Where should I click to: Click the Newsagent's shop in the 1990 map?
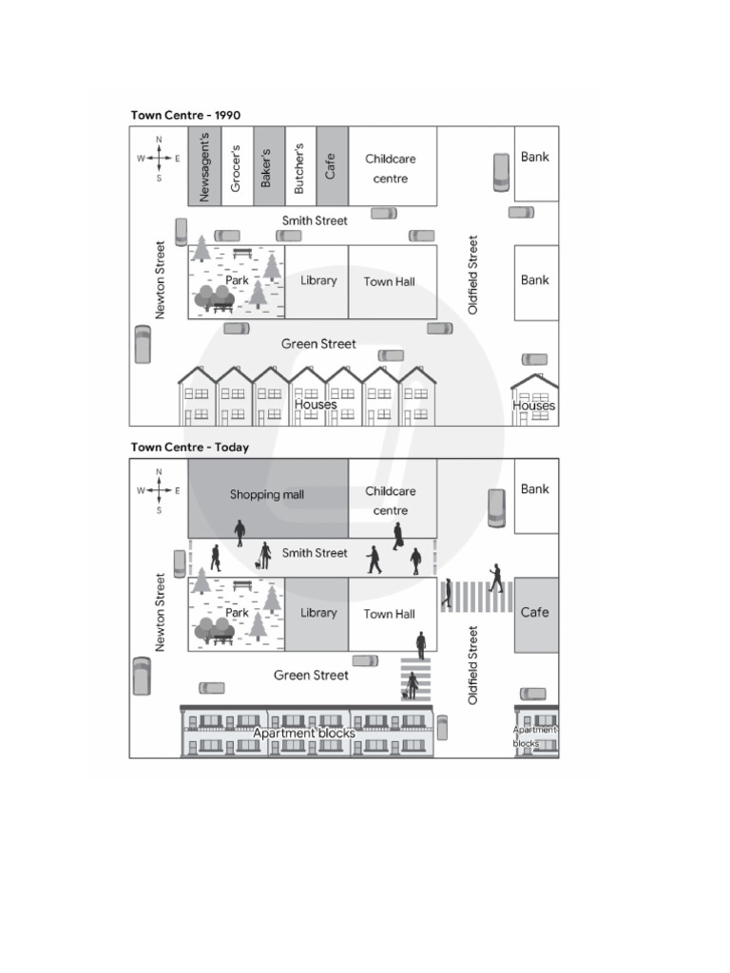point(204,166)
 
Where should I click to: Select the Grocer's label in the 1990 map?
point(236,168)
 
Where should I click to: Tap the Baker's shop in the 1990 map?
point(269,166)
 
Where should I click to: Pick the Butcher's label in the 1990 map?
point(299,168)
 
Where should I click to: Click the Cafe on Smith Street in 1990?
point(332,166)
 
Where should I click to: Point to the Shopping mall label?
point(267,494)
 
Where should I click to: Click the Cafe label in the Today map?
point(534,613)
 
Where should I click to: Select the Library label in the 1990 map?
point(318,280)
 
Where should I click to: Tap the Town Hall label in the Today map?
point(389,614)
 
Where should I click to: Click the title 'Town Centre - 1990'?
point(185,115)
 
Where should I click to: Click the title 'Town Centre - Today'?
point(190,447)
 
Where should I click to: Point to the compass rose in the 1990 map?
point(159,159)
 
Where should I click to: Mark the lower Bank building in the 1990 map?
point(536,283)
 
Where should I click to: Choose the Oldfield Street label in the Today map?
point(473,664)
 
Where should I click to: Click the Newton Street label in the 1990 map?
point(160,280)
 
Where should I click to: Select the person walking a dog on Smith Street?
point(264,556)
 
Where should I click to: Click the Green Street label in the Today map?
point(311,676)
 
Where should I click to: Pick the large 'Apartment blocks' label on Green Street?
point(304,734)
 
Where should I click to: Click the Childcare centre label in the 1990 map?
point(391,169)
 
